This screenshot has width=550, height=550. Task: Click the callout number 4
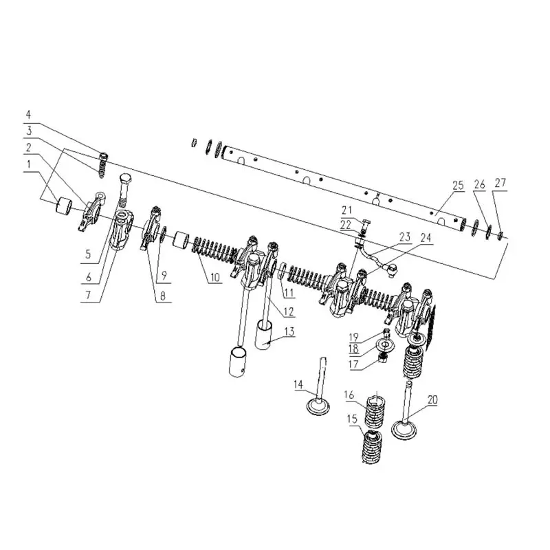(x=28, y=114)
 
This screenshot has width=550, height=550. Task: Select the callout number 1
(x=29, y=164)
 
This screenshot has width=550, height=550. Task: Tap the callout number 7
(x=89, y=295)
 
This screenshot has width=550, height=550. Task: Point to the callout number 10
(x=214, y=278)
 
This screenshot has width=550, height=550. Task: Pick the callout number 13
(x=289, y=331)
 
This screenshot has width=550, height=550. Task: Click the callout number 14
(x=298, y=384)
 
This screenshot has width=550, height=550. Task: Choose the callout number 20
(x=432, y=399)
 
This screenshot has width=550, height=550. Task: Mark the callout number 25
(x=458, y=185)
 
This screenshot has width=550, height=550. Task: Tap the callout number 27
(x=500, y=183)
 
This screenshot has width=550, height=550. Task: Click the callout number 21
(x=346, y=210)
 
